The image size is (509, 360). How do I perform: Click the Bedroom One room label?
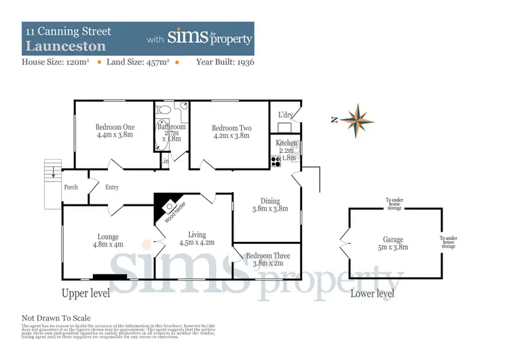[115, 127]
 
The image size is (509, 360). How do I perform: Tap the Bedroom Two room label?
[231, 128]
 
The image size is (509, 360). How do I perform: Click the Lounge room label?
[107, 237]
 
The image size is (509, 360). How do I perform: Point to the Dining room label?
[270, 201]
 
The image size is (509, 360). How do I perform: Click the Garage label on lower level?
[393, 240]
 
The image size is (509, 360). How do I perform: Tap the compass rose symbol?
[357, 121]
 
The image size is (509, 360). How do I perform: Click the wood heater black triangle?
[164, 201]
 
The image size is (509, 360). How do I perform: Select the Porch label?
[71, 187]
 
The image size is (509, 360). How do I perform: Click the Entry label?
[112, 187]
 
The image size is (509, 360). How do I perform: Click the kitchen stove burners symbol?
[276, 161]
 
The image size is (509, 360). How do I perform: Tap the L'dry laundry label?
[285, 115]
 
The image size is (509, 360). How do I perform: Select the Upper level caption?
[86, 293]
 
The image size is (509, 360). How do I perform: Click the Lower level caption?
[372, 293]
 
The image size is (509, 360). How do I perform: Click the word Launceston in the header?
[66, 47]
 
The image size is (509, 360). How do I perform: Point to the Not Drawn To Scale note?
[56, 318]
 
